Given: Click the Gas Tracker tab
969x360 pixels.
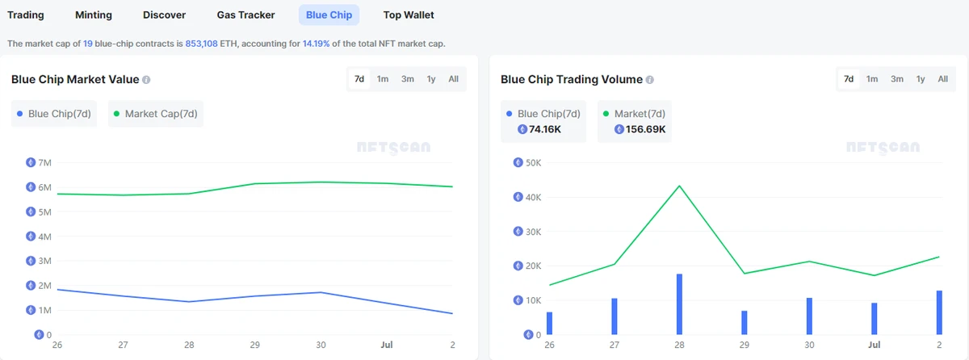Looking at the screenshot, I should pyautogui.click(x=245, y=15).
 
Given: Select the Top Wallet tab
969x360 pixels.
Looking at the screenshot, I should pyautogui.click(x=409, y=15).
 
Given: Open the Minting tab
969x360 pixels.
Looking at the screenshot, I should pyautogui.click(x=94, y=15).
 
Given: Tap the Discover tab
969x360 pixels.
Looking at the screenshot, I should pyautogui.click(x=164, y=15).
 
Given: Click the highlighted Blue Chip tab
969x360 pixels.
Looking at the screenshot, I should pyautogui.click(x=328, y=15).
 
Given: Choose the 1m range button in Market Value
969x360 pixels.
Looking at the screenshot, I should pyautogui.click(x=383, y=79).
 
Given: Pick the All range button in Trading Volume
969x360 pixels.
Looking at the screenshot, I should pyautogui.click(x=942, y=79).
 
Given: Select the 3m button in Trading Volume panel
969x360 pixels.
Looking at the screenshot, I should pyautogui.click(x=897, y=79).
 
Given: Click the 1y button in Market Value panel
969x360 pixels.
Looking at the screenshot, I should pyautogui.click(x=431, y=79).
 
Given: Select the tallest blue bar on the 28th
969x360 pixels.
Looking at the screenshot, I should pyautogui.click(x=679, y=303).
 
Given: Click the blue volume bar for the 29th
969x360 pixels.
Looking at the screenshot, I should pyautogui.click(x=745, y=322).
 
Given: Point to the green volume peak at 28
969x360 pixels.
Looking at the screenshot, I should pyautogui.click(x=679, y=186).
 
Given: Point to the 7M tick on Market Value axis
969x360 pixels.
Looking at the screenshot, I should pyautogui.click(x=45, y=162).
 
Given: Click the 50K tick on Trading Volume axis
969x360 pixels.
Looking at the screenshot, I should pyautogui.click(x=533, y=162).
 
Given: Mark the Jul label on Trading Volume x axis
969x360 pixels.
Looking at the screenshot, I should pyautogui.click(x=874, y=345).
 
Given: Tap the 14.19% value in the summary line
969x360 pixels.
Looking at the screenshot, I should pyautogui.click(x=316, y=43).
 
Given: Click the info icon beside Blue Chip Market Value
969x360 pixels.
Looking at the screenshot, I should pyautogui.click(x=146, y=80).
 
